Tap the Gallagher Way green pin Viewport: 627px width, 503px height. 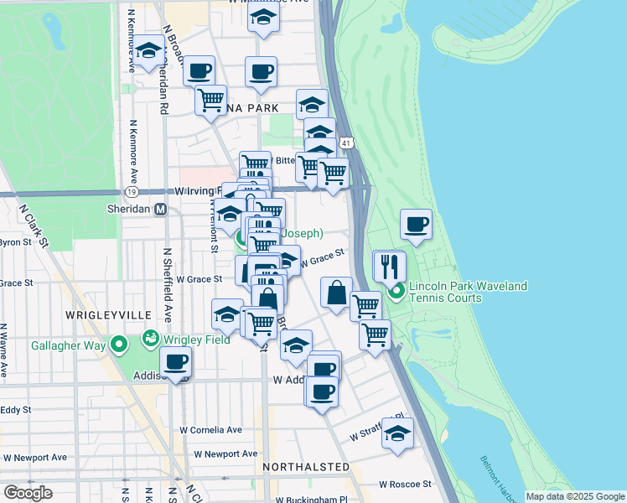119,344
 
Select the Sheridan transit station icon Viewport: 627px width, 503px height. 159,210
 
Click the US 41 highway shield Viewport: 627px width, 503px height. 345,144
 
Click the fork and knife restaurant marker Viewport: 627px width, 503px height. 388,266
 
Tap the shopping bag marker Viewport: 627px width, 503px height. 336,293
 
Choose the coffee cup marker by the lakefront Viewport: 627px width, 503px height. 417,224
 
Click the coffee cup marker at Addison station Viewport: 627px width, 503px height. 176,362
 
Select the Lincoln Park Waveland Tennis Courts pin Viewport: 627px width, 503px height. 396,292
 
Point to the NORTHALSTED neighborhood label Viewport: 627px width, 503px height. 305,466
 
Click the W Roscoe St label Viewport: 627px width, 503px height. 405,484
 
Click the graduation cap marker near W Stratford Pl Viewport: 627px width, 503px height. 398,433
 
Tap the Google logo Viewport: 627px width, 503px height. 28,492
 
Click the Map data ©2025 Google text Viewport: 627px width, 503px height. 574,496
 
